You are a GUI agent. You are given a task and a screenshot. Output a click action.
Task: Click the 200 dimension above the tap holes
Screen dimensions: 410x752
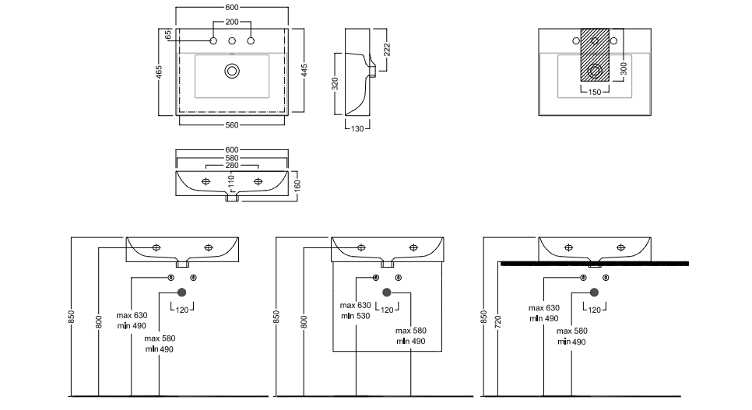[232, 23]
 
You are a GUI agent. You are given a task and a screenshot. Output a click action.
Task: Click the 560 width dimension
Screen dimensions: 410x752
[232, 124]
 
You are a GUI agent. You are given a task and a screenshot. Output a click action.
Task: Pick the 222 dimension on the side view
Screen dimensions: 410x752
[387, 50]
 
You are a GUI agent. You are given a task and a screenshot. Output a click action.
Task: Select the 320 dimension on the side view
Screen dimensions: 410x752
[336, 83]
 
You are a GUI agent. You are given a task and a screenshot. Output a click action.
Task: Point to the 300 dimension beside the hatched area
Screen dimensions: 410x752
[623, 68]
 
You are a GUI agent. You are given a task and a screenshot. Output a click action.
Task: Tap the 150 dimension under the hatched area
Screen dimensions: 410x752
[595, 93]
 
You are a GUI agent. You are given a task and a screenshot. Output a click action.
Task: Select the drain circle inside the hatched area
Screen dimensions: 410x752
[596, 71]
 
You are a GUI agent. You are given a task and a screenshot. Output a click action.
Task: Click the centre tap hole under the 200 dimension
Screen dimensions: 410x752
[232, 40]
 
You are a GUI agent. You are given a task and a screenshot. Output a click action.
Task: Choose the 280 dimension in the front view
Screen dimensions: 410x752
[232, 166]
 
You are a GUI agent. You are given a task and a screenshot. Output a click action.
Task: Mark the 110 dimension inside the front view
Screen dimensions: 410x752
[230, 182]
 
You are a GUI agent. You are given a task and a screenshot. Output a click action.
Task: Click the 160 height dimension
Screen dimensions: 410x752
[297, 185]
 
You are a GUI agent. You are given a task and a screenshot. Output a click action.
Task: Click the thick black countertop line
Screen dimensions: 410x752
[595, 265]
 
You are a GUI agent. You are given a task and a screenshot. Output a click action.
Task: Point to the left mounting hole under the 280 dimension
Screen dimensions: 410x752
[206, 181]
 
